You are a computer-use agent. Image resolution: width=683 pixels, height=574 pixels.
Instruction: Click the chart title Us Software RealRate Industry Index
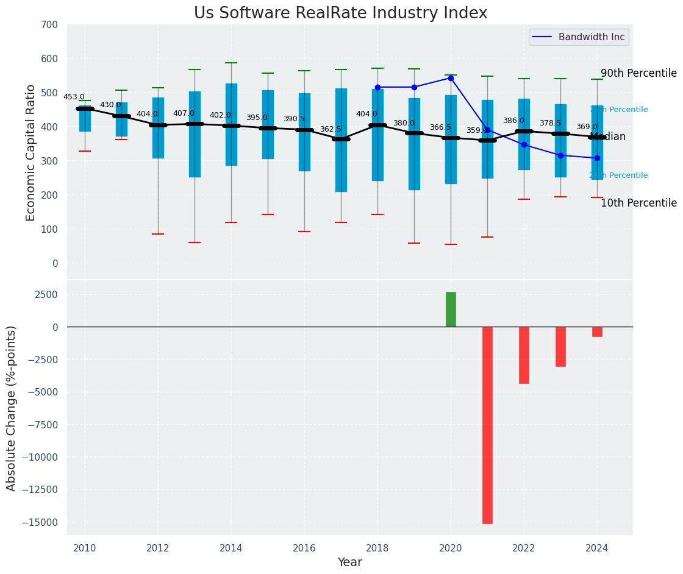[x=340, y=13]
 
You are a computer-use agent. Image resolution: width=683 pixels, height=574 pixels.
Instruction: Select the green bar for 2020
[x=451, y=310]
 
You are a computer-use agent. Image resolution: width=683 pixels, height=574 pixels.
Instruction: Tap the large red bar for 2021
[x=487, y=425]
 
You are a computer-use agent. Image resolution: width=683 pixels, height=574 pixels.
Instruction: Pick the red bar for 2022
[x=524, y=355]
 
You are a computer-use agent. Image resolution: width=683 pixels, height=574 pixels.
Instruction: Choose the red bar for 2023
[x=560, y=346]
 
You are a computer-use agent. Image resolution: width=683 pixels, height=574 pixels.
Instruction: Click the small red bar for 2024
[x=597, y=332]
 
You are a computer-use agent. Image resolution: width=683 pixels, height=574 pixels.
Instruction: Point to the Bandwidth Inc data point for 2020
[x=451, y=78]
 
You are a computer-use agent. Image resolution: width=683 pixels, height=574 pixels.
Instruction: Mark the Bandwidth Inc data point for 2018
[x=377, y=87]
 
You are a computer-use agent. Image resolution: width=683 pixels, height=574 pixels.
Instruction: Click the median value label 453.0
[x=74, y=97]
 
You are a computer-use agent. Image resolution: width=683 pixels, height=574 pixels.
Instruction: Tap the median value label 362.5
[x=331, y=129]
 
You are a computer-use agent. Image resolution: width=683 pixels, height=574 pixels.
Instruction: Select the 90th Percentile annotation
[x=638, y=74]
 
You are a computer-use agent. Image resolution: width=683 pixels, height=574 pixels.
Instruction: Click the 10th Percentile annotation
[x=638, y=204]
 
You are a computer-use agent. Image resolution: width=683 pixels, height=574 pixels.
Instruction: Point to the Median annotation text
[x=608, y=137]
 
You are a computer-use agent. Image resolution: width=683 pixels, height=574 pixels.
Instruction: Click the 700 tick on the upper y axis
[x=49, y=25]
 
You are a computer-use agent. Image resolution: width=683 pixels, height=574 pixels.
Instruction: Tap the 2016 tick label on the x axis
[x=304, y=548]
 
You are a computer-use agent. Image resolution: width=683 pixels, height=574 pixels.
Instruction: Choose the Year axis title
[x=349, y=562]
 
